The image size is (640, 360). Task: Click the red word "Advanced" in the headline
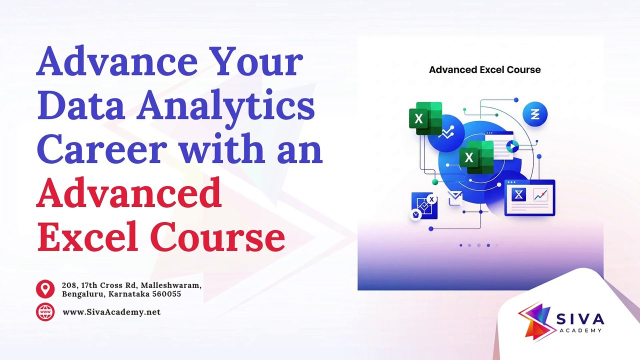point(129,192)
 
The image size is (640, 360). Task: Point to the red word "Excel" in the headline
point(88,236)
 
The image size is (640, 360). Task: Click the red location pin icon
point(45,289)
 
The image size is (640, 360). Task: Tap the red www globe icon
point(45,312)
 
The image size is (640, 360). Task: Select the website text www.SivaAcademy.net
point(111,312)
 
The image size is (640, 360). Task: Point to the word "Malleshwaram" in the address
point(171,285)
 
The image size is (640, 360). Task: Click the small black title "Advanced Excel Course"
point(485,69)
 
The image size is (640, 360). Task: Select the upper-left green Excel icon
point(425,118)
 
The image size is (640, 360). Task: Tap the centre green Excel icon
point(476,157)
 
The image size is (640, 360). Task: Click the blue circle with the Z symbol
point(535,114)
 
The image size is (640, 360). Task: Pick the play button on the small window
point(512,147)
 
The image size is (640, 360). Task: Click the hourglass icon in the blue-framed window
point(518,195)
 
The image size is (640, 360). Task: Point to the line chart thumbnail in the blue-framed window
point(540,195)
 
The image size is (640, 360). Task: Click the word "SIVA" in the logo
point(580,319)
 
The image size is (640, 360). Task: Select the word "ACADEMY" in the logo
point(580,330)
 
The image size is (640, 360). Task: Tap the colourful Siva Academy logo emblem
point(535,321)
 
